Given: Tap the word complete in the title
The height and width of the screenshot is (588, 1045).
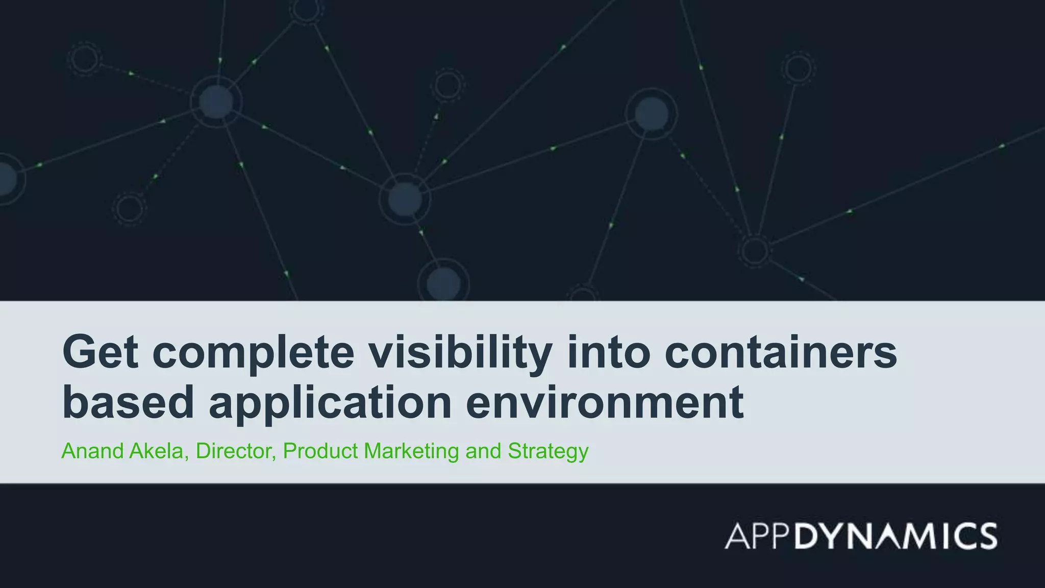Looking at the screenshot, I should tap(253, 353).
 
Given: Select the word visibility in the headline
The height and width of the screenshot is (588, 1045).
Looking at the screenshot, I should tap(461, 353).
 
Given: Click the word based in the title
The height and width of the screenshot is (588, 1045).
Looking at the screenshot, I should tap(128, 402).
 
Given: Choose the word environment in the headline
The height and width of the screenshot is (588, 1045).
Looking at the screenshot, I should tap(605, 402).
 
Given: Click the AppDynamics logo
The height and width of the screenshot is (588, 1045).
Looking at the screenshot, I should tap(860, 535).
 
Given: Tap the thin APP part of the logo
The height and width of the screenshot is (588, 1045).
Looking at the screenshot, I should tap(759, 536).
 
